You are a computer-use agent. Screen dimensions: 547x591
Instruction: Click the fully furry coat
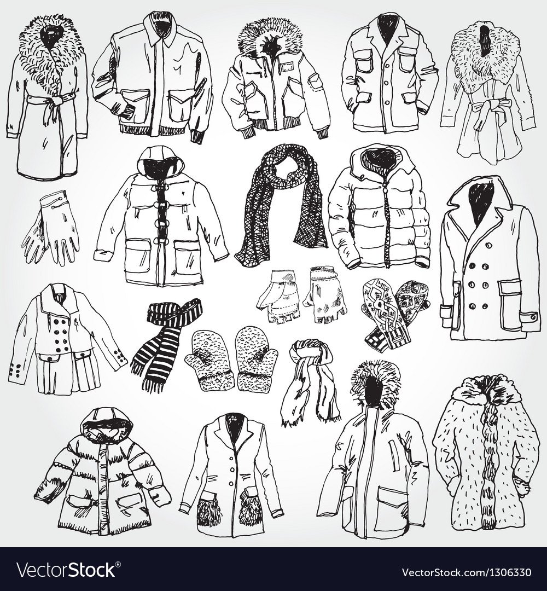point(486,450)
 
